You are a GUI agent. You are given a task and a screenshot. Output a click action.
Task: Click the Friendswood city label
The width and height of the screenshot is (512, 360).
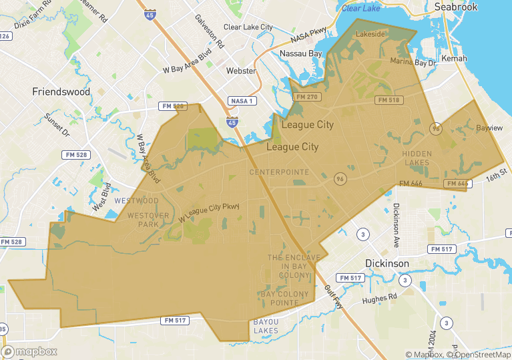coord(61,92)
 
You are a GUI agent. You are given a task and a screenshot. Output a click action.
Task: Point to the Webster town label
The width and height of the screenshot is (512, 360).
coord(241,70)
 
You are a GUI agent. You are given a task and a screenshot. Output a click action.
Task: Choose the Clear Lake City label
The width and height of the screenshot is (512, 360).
coord(248,27)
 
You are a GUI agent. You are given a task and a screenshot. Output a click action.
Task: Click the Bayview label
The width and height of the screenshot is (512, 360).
coord(489,127)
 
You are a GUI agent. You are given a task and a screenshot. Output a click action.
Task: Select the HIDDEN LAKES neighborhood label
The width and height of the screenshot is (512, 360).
coord(417,158)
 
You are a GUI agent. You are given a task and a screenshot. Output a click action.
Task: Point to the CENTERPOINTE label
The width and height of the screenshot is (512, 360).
coord(279,172)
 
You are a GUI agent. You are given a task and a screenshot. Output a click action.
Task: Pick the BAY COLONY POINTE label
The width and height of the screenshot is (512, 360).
coord(284,299)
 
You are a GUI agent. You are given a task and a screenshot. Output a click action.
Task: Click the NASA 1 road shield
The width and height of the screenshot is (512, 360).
coord(241,101)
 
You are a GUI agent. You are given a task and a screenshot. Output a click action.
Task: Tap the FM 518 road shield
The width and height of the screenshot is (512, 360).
coord(389,100)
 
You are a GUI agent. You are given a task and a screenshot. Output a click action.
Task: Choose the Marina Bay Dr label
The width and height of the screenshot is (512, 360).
coord(413,62)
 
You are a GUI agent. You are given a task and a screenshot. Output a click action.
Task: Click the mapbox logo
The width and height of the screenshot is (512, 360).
coord(30,351)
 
